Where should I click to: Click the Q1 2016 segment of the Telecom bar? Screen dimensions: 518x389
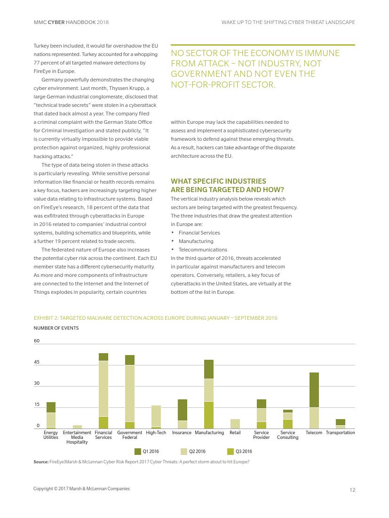(x=314, y=390)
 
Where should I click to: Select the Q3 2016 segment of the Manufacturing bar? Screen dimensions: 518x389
(x=208, y=415)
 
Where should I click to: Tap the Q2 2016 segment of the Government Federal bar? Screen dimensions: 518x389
(x=130, y=393)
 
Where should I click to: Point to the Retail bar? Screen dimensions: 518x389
(x=235, y=424)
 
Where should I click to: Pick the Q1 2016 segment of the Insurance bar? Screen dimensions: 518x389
(x=182, y=410)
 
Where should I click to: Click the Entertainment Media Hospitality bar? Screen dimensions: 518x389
(x=77, y=427)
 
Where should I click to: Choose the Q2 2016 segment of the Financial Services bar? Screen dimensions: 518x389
(x=103, y=388)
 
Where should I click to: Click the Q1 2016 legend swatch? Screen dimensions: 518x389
(x=138, y=451)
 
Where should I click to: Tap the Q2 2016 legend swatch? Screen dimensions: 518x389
(x=184, y=451)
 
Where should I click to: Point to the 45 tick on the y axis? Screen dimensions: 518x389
(x=37, y=362)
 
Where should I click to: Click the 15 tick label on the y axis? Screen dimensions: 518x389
(x=37, y=405)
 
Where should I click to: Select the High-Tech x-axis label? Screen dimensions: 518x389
(x=156, y=432)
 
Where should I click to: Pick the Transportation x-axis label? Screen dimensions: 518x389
(x=340, y=432)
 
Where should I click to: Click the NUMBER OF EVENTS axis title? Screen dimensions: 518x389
(x=56, y=328)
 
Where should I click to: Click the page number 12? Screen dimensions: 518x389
(x=352, y=490)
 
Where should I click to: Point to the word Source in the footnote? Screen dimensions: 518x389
(x=40, y=461)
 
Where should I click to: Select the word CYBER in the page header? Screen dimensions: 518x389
(x=56, y=22)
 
